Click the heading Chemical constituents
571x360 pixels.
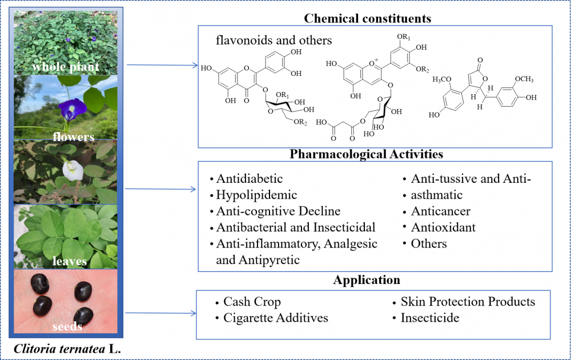pyautogui.click(x=367, y=18)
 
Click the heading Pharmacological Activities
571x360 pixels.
pyautogui.click(x=367, y=154)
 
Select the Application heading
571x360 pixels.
pyautogui.click(x=367, y=281)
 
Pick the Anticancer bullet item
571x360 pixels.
pyautogui.click(x=440, y=211)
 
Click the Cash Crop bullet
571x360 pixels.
pyautogui.click(x=252, y=302)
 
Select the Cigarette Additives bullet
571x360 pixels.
pyautogui.click(x=275, y=318)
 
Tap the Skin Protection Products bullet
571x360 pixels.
pyautogui.click(x=468, y=302)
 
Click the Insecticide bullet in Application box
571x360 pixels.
pyautogui.click(x=429, y=318)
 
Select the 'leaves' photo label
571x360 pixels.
pyautogui.click(x=67, y=261)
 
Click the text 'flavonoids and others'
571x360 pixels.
pyautogui.click(x=274, y=41)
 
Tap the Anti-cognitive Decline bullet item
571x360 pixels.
pyautogui.click(x=278, y=211)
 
